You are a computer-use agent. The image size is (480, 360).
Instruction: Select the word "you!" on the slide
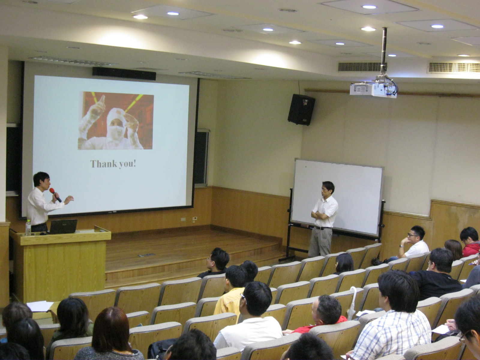[127, 164]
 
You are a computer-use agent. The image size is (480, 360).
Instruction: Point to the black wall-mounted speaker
[301, 109]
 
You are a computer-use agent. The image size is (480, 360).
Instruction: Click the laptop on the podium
[63, 226]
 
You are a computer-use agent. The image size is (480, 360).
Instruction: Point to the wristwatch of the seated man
[401, 246]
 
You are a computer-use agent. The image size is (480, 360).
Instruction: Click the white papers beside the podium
[40, 306]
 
